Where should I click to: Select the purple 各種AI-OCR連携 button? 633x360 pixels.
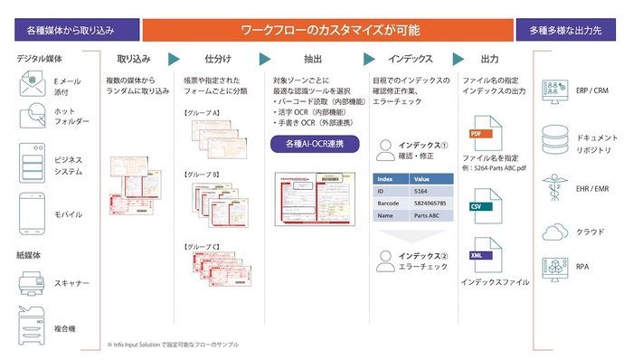[x=315, y=143]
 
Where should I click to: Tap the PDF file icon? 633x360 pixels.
[x=479, y=136]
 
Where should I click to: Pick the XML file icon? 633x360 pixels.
[x=479, y=257]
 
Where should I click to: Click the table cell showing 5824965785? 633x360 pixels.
[x=432, y=204]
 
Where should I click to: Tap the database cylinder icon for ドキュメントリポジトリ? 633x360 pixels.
[x=551, y=140]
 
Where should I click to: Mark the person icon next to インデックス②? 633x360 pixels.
[x=383, y=262]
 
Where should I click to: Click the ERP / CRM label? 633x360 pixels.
[x=592, y=91]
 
